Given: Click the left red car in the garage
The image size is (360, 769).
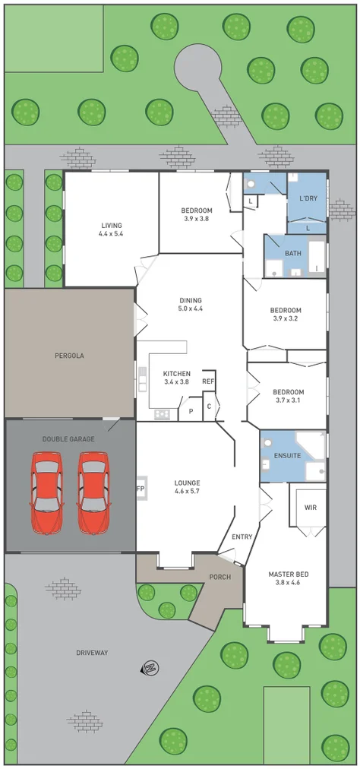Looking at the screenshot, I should pos(46,492).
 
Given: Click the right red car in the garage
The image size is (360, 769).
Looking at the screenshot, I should pos(93,492).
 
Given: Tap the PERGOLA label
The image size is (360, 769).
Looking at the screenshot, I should pos(69,355).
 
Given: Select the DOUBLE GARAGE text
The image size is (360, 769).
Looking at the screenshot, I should pos(69,439).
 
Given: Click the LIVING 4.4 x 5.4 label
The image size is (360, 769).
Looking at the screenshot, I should pos(111,229).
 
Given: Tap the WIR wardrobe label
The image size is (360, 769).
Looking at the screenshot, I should pos(310,507).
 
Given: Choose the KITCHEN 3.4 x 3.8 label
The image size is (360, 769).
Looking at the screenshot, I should pos(175,378).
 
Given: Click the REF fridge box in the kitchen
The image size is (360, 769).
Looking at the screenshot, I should pos(208,381).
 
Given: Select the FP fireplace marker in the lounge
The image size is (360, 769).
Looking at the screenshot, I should pos(140,488).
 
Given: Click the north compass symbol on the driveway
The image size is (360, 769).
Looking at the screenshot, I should pos(150,668).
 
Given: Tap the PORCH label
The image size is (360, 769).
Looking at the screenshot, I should pos(219,577).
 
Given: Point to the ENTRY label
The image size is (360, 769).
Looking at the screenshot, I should pos(242,537).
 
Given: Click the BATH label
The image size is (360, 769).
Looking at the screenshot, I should pos(292,253).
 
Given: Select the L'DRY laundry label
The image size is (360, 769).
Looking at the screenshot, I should pos(308,198).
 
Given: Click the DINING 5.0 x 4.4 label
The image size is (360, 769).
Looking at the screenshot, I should pos(191,305).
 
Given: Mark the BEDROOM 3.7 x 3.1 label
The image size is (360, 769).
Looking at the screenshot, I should pos(288,396).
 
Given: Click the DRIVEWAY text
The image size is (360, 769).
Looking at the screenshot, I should pos(92,652).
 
